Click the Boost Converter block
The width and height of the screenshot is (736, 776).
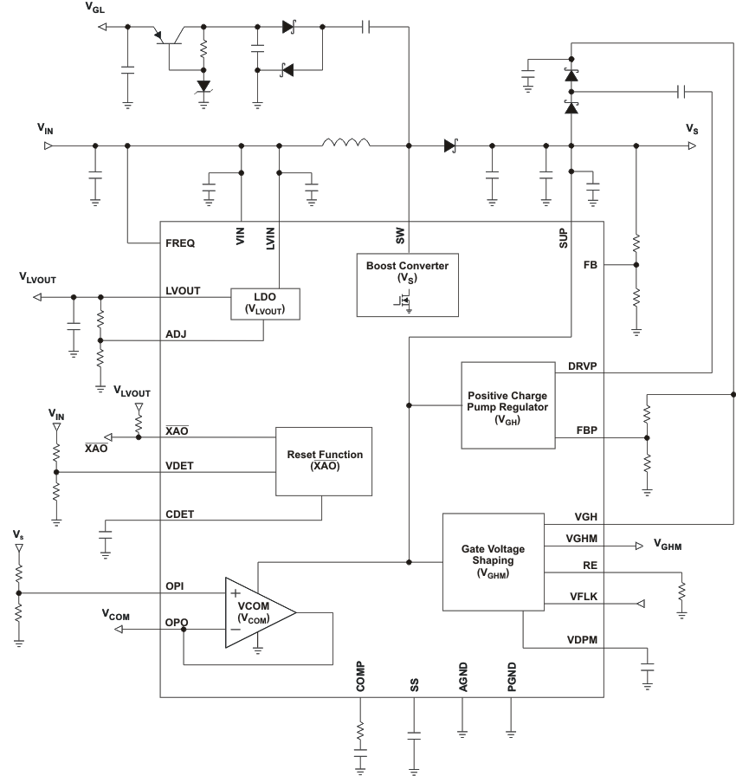tap(406, 284)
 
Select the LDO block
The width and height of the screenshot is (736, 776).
tap(265, 304)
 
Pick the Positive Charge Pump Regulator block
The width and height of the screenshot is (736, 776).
tap(507, 405)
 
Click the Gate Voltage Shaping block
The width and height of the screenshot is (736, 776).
tap(492, 561)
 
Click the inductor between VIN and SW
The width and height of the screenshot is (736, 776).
tap(346, 143)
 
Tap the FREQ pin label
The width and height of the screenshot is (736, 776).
tap(179, 243)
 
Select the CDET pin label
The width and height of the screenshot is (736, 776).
tap(180, 514)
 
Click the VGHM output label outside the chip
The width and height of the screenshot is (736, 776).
tap(668, 546)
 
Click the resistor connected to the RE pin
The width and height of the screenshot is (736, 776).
tap(682, 592)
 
